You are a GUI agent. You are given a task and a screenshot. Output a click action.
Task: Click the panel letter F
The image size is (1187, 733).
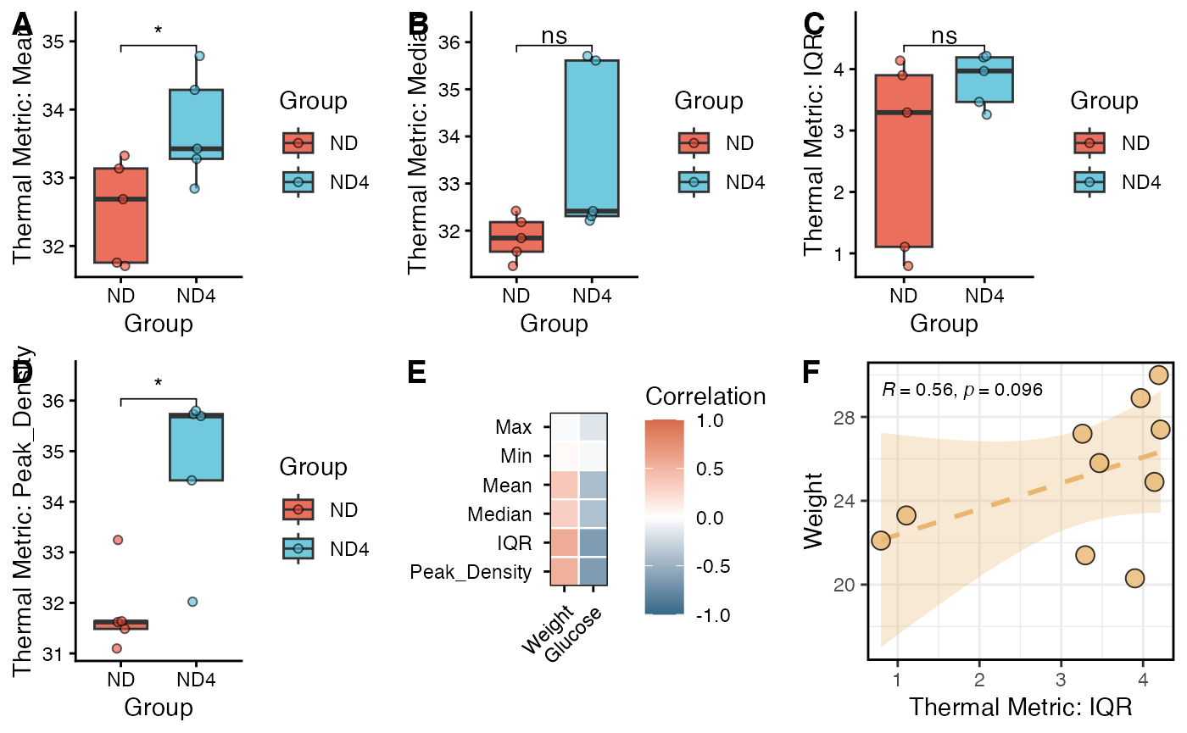tap(812, 372)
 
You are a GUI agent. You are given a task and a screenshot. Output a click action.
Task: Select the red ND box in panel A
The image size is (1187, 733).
tap(121, 215)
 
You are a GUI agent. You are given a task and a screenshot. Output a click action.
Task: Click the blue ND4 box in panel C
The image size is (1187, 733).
tap(984, 80)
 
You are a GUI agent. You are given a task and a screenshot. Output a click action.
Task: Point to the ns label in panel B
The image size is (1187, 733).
tap(554, 36)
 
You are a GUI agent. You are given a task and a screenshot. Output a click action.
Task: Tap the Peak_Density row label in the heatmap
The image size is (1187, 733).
tap(471, 573)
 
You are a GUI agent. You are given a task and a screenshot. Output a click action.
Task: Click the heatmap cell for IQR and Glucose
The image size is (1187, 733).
tap(593, 543)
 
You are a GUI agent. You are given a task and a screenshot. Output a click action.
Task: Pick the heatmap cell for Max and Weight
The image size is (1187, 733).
tap(565, 426)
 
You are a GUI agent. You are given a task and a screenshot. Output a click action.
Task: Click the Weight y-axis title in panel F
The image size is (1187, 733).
tap(815, 513)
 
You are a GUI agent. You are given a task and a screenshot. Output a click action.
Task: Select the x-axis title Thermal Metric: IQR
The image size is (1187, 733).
tap(1021, 707)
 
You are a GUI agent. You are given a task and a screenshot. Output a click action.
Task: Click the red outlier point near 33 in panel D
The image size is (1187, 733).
tap(118, 540)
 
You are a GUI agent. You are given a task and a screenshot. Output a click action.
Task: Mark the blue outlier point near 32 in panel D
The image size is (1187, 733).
tap(192, 602)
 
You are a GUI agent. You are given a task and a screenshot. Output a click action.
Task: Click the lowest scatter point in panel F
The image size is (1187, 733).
tap(1134, 578)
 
